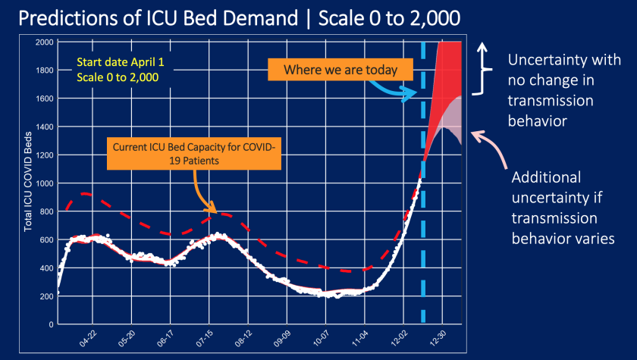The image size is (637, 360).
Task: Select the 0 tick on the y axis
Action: point(50,324)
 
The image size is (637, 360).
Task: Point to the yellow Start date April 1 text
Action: point(115,64)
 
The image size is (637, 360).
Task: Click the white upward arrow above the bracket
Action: point(481,52)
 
